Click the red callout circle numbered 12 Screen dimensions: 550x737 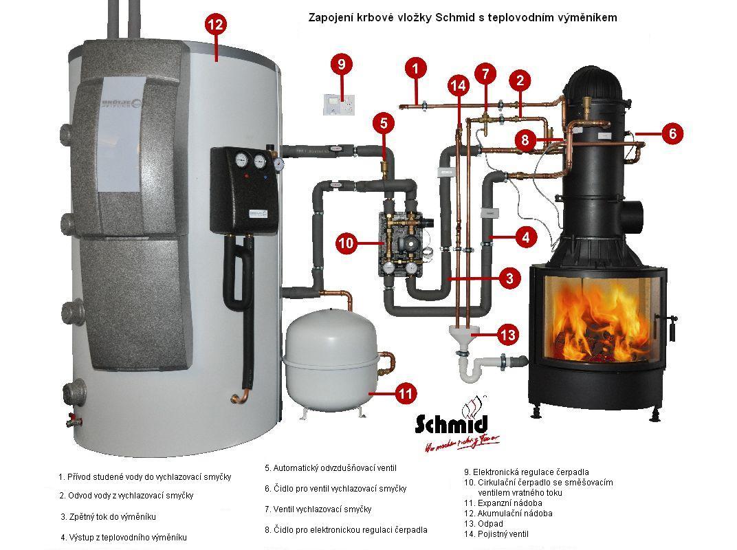point(215,25)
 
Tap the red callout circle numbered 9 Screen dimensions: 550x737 point(341,65)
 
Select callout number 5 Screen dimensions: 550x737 point(384,124)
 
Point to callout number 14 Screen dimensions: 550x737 point(458,85)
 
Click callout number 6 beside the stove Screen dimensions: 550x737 point(672,133)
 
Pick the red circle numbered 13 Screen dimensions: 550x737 point(507,335)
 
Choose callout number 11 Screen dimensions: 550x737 point(406,394)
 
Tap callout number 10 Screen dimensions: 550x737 point(346,243)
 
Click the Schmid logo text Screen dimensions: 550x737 point(451,423)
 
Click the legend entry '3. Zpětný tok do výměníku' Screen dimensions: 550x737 point(113,516)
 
